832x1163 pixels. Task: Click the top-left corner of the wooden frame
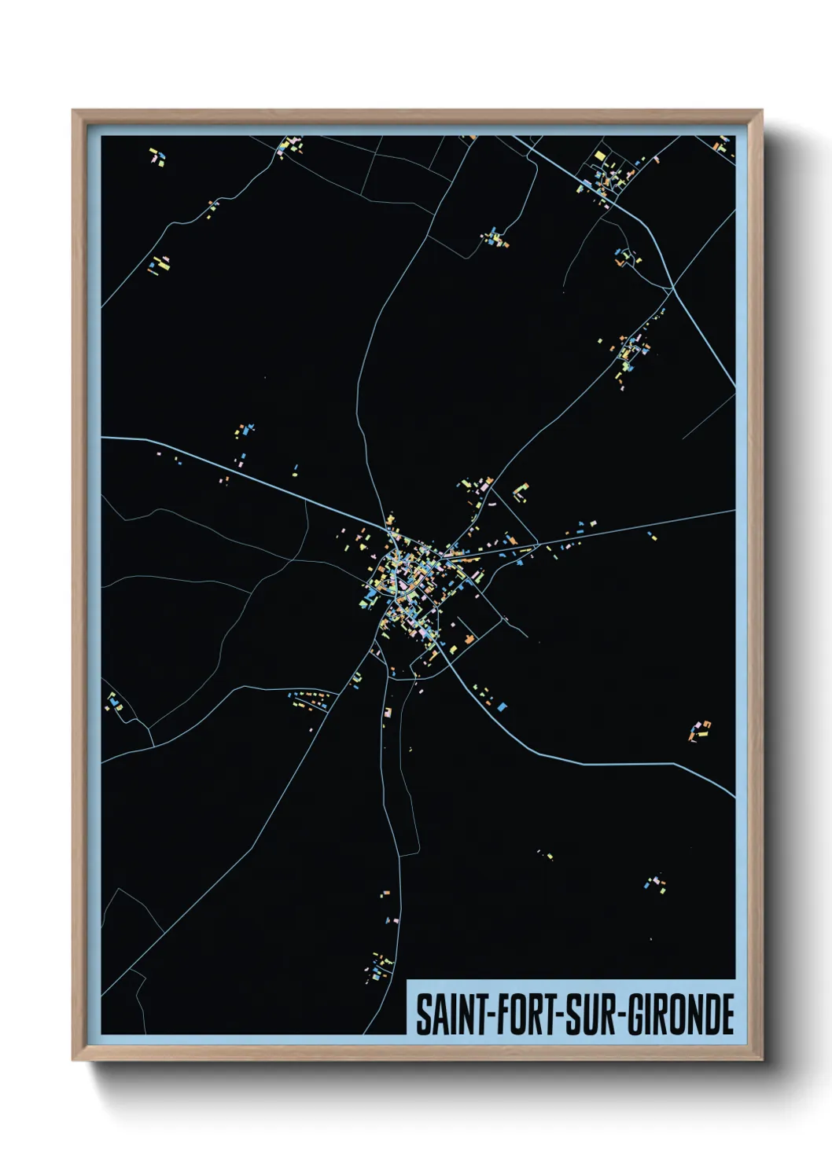(74, 112)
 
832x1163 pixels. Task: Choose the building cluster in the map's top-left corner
(158, 156)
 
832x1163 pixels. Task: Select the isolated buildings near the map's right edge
(699, 731)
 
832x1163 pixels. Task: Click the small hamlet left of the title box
(381, 967)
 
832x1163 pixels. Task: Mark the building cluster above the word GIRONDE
(655, 884)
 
